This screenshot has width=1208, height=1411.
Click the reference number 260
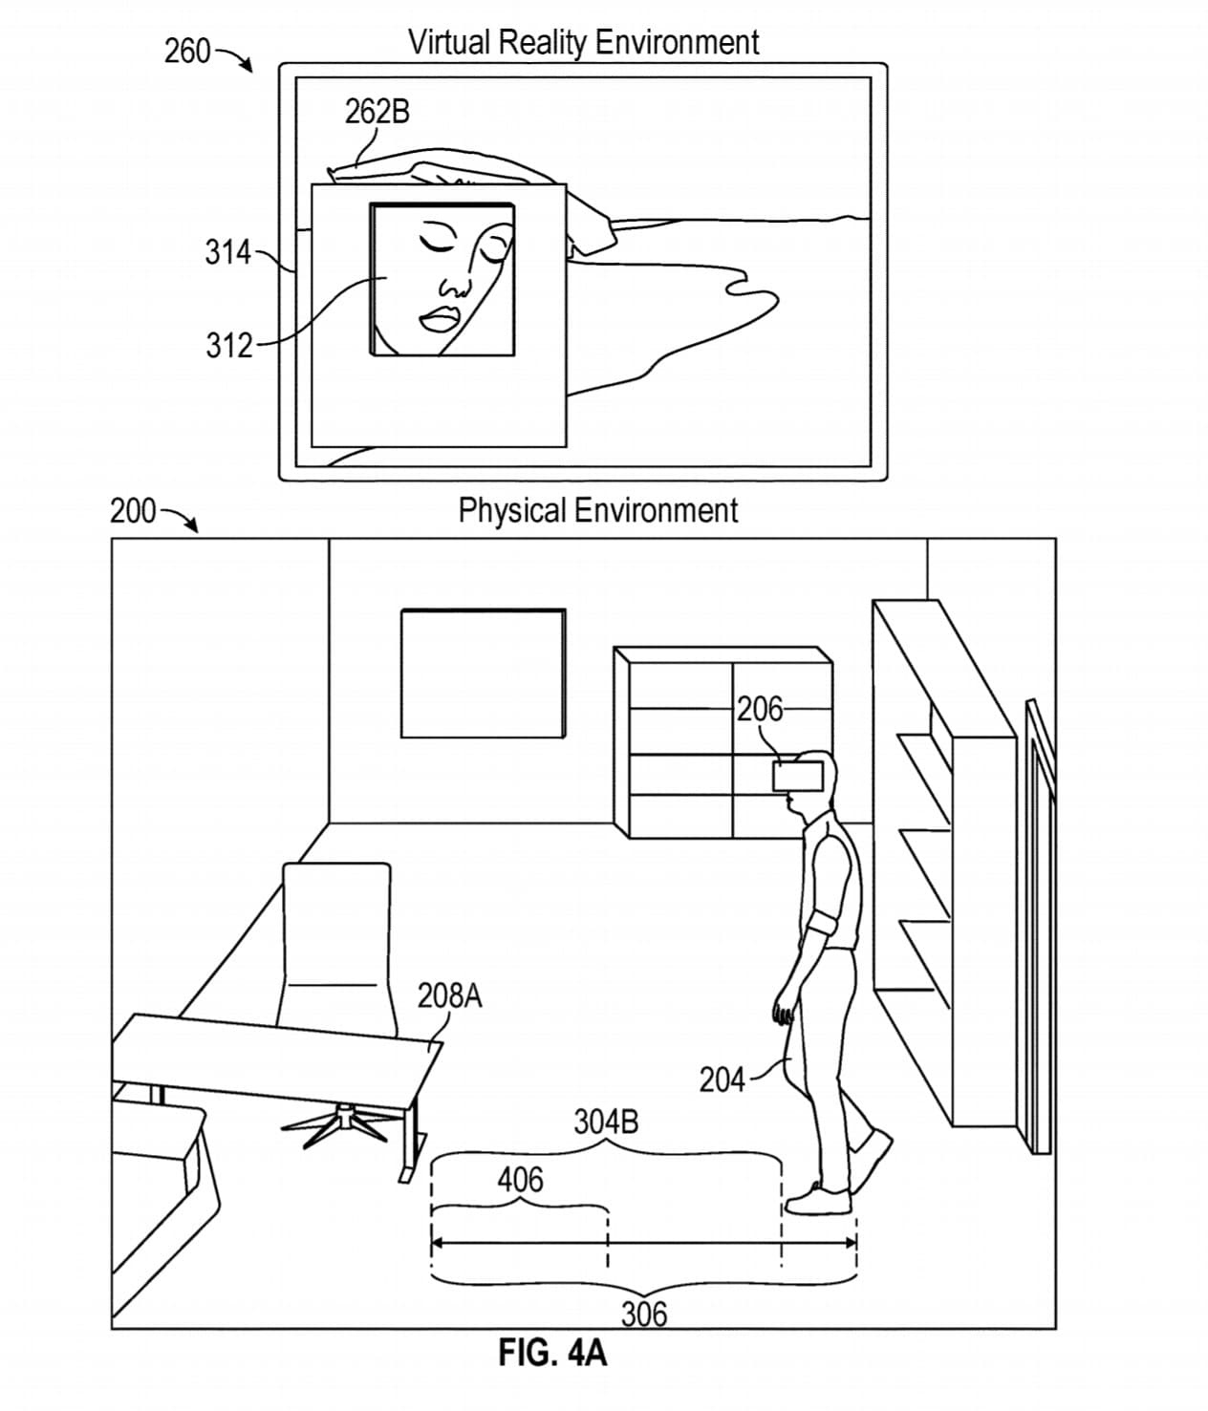point(186,51)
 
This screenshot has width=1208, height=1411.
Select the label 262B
point(377,112)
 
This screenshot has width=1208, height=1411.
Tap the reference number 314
point(226,253)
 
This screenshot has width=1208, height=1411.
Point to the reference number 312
point(228,345)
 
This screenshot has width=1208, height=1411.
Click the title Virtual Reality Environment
point(583,42)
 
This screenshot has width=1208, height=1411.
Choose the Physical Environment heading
point(597,510)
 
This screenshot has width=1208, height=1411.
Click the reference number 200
point(132,511)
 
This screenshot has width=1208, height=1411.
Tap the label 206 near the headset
point(759,709)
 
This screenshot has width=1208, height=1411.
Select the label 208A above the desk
point(449,996)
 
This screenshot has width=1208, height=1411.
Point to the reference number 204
point(722,1080)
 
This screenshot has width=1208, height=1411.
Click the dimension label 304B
point(606,1121)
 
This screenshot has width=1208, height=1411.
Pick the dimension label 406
point(520,1181)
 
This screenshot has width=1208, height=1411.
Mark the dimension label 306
point(644,1315)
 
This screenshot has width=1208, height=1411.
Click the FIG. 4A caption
point(552,1353)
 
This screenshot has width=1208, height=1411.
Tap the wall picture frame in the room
point(483,673)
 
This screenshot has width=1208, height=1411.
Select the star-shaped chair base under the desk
point(339,1122)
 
